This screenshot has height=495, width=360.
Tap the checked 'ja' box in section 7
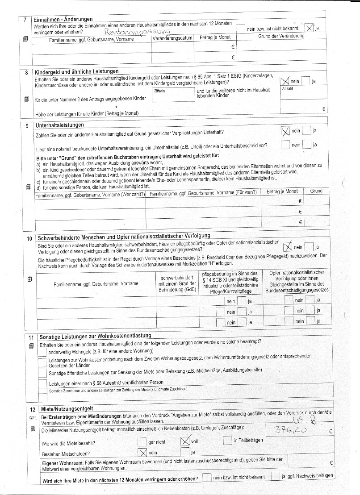click(309, 28)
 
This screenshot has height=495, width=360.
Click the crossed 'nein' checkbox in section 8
click(285, 81)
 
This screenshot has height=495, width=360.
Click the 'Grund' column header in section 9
click(316, 191)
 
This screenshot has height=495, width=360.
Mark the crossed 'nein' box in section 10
click(288, 246)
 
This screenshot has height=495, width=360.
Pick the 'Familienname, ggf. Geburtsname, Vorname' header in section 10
click(96, 283)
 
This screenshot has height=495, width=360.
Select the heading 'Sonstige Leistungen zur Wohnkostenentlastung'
click(95, 336)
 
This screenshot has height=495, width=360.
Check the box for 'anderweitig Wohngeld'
click(42, 352)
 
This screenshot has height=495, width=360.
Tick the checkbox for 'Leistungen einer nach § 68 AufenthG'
click(42, 383)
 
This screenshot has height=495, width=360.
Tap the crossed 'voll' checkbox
click(185, 441)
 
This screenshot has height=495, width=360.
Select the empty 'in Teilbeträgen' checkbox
click(227, 441)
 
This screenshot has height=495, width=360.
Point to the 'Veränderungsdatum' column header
click(172, 38)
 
